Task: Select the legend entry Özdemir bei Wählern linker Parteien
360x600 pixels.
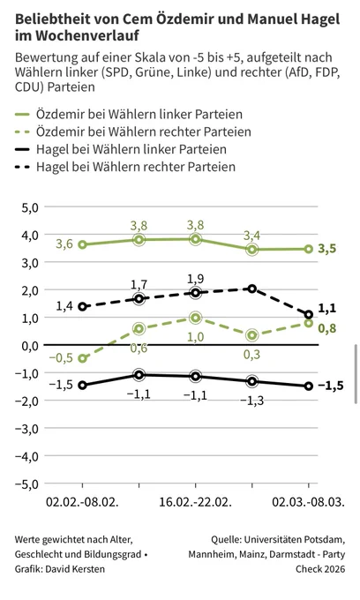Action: click(x=129, y=115)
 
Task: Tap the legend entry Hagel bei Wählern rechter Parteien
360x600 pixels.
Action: click(x=125, y=167)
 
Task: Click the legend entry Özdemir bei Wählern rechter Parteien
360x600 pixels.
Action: click(x=132, y=131)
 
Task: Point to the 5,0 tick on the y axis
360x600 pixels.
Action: click(x=30, y=207)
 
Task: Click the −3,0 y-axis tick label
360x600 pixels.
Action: click(x=26, y=429)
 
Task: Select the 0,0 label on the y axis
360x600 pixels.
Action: click(x=30, y=346)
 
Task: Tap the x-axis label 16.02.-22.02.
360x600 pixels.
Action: click(x=196, y=502)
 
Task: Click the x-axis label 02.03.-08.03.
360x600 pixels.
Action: click(x=308, y=502)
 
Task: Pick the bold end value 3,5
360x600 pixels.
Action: click(x=327, y=249)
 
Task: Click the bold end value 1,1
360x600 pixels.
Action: click(x=326, y=309)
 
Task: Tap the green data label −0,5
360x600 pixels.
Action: click(x=61, y=357)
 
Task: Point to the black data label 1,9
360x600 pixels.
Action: click(x=196, y=279)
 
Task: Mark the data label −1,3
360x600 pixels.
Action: click(x=252, y=401)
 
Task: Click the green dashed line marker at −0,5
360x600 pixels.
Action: click(x=82, y=358)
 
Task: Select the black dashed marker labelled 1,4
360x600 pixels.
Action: click(x=82, y=306)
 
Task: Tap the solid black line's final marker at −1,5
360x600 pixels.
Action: click(x=308, y=386)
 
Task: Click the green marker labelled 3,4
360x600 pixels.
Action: click(x=252, y=250)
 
